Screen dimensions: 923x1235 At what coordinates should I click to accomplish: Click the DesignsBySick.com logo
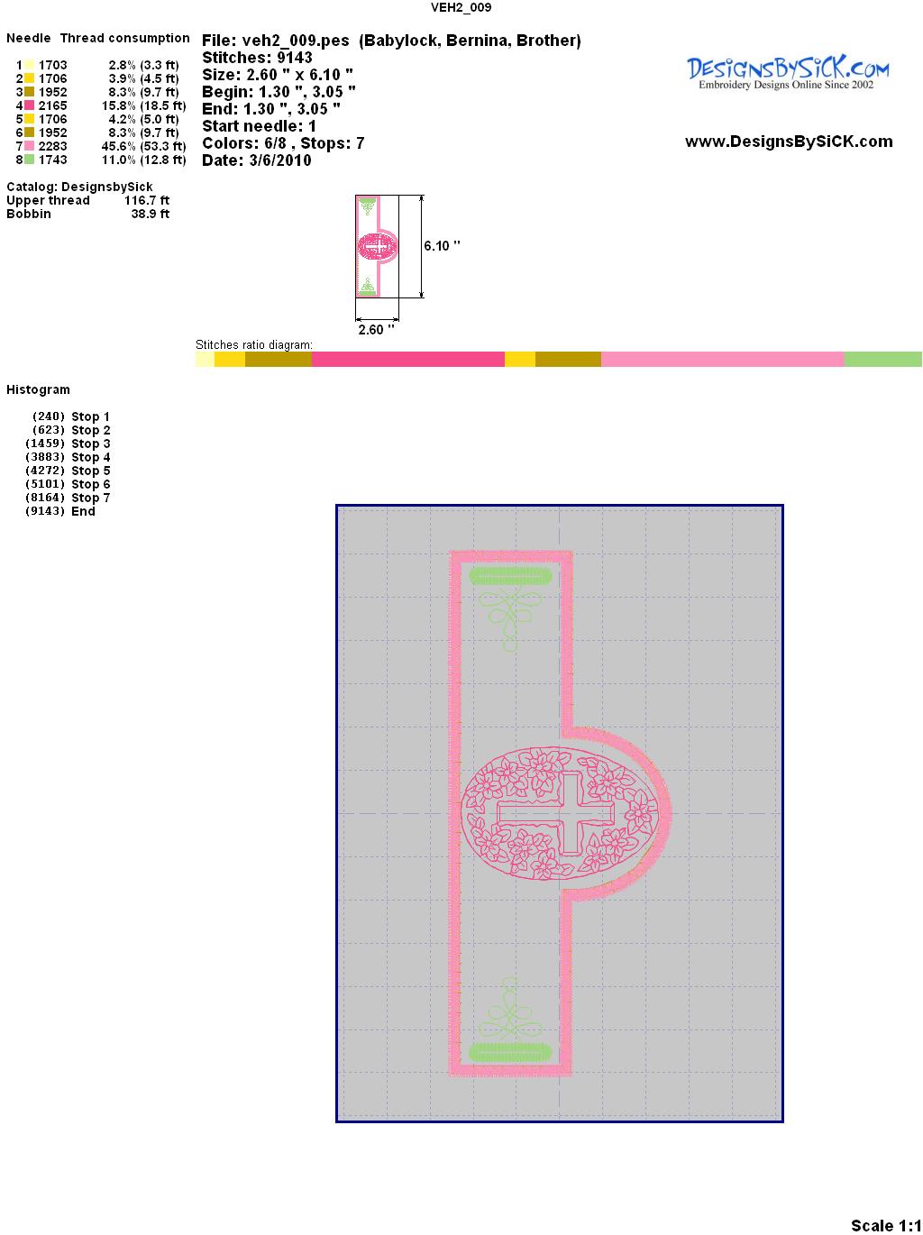tap(788, 73)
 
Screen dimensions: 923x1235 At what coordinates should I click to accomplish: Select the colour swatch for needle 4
tap(29, 105)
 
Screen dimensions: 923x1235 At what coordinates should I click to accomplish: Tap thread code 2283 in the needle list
tap(52, 146)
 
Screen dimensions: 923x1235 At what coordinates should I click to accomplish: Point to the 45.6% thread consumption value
tap(119, 146)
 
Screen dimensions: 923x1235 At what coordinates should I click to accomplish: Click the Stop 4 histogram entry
tap(68, 457)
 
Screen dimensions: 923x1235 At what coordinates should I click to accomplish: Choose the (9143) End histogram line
tap(60, 511)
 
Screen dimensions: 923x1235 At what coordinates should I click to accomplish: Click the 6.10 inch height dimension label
tap(442, 246)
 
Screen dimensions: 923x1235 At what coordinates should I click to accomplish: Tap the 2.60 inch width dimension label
tap(376, 330)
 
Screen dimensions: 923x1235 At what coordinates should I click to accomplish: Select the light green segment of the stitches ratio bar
tap(882, 359)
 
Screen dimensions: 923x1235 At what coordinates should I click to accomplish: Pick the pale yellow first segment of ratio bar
tap(205, 359)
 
